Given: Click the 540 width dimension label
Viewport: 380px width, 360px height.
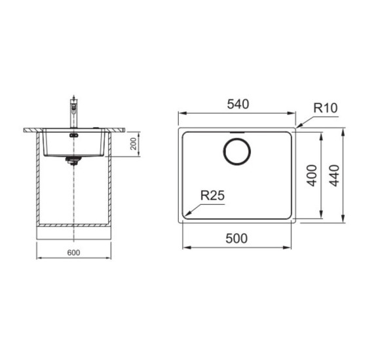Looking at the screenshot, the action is point(238,104).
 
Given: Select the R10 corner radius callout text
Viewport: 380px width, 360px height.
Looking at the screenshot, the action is point(325,108).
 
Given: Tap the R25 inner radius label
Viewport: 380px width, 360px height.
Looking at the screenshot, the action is point(212,195).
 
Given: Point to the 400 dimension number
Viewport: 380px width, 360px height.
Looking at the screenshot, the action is point(312,175).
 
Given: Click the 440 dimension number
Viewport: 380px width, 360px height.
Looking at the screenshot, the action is point(334,175).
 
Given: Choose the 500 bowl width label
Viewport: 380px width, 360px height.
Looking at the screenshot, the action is point(237,238).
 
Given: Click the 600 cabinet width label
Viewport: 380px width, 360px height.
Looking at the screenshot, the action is point(73,253).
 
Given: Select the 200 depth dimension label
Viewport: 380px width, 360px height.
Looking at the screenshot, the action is point(134,144).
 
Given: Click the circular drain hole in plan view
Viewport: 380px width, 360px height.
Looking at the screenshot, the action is point(237,151).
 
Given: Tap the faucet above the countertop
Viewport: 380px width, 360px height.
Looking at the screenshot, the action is point(73,113).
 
